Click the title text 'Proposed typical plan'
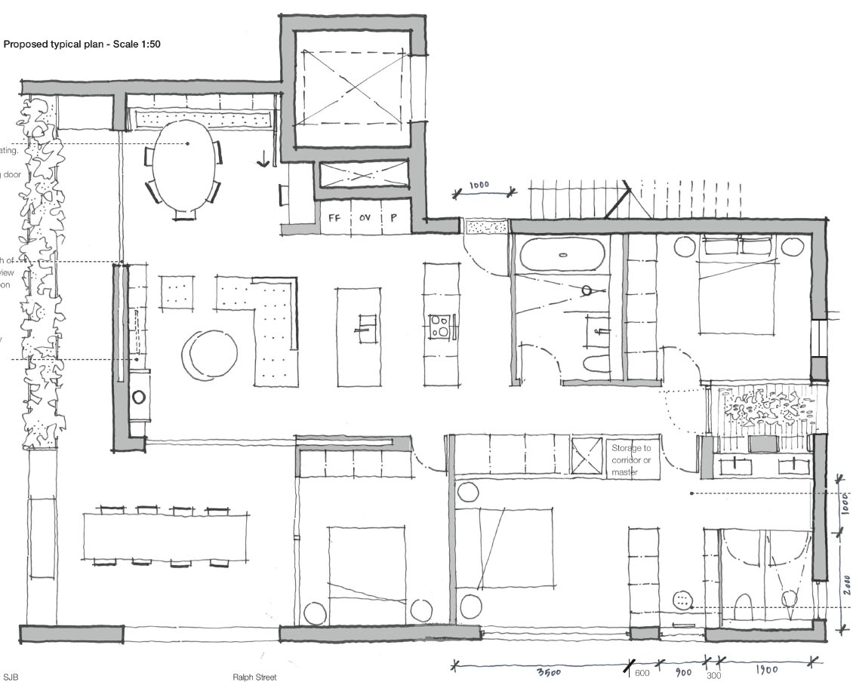[x=56, y=45]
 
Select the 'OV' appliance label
[x=365, y=219]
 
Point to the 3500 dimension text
[x=549, y=674]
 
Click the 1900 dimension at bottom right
[x=765, y=670]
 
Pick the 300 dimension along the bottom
[x=713, y=675]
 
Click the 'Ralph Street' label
[x=254, y=677]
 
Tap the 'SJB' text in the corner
[x=11, y=677]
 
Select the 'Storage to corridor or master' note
[x=630, y=460]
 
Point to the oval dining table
[x=183, y=170]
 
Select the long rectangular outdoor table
[x=165, y=536]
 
